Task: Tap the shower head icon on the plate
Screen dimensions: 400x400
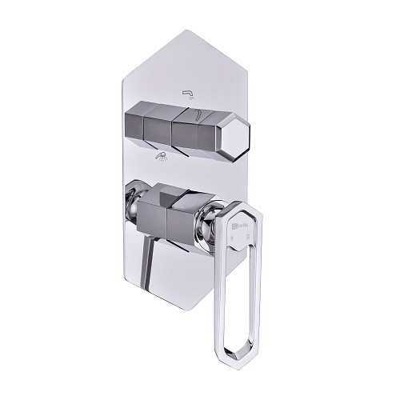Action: point(162,157)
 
